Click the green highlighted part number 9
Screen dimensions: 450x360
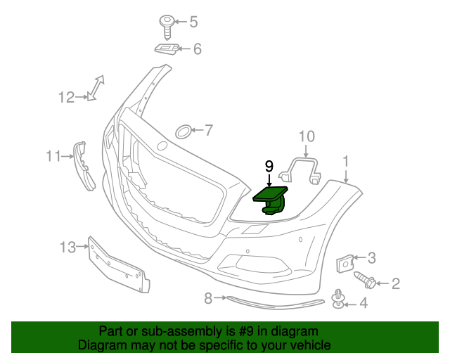tap(271, 198)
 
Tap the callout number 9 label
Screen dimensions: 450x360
tap(269, 166)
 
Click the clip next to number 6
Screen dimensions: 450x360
tap(166, 49)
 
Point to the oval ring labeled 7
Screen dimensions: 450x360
tap(183, 130)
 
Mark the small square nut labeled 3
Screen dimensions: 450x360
tap(346, 262)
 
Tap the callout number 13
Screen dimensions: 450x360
tap(67, 247)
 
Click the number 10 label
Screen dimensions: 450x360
tap(307, 136)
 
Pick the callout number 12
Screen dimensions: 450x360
tap(66, 98)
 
